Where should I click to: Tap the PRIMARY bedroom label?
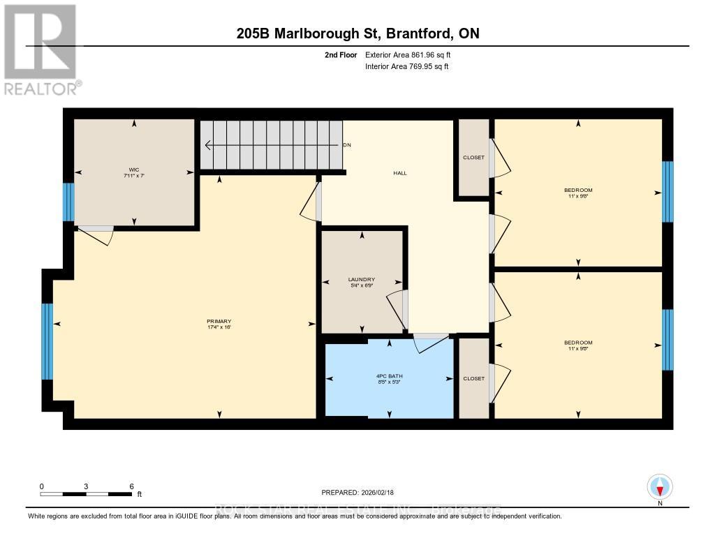219,321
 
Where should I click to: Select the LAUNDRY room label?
362,279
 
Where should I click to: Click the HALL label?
400,173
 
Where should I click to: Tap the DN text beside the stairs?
347,145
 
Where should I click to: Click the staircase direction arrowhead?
208,145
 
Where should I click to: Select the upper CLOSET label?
473,157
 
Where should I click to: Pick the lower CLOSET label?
473,378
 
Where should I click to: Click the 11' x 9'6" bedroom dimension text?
578,196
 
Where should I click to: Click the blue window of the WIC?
68,202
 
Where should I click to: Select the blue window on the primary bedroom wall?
47,342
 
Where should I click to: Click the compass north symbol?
660,486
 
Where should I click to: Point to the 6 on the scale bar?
131,486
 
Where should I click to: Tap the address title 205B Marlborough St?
357,33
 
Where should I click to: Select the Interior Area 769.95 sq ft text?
406,67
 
